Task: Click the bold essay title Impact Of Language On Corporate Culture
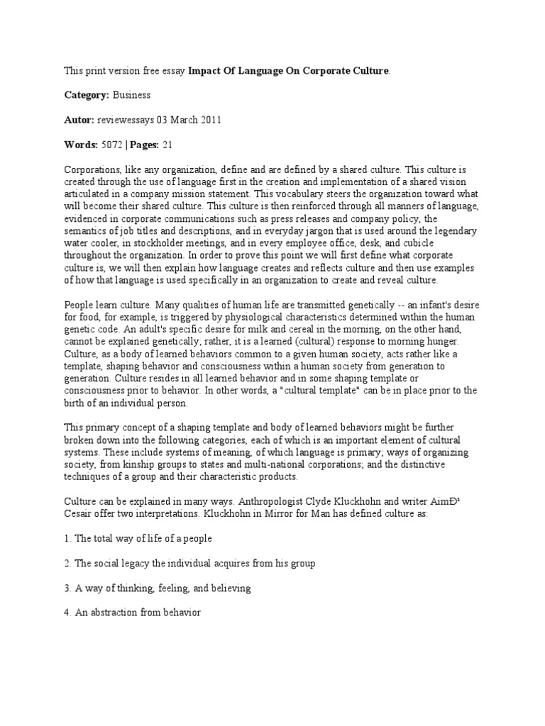289,71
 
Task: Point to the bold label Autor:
81,119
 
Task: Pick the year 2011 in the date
209,119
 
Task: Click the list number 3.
67,588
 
